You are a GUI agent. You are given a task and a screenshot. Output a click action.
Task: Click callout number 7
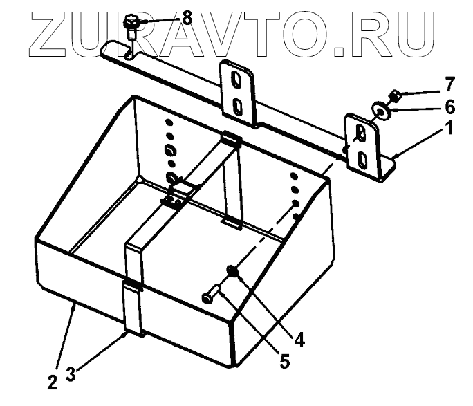(x=449, y=86)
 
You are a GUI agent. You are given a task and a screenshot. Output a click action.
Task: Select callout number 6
(x=449, y=107)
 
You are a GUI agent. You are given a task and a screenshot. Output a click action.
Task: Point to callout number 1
(x=449, y=129)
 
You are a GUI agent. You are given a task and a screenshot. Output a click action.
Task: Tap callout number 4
(x=298, y=340)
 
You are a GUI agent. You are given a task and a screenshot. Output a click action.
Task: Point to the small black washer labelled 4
(x=233, y=273)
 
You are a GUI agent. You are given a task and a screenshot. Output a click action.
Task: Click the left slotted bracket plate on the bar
(x=237, y=93)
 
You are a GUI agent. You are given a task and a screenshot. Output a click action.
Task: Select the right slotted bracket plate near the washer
(x=362, y=147)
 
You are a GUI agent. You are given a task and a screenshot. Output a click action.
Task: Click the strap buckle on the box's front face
(x=131, y=286)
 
